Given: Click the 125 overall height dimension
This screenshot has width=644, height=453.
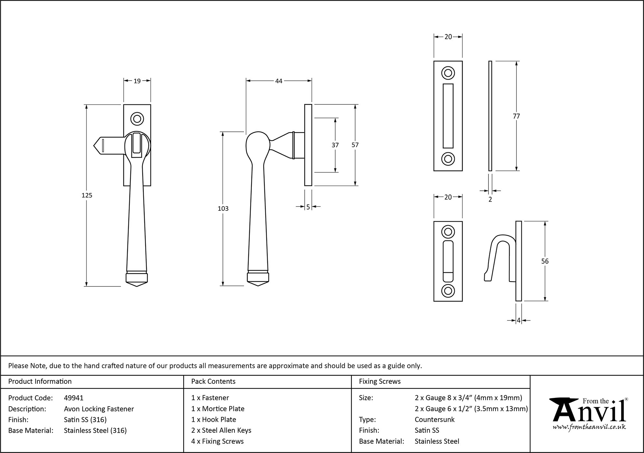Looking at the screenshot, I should [87, 195].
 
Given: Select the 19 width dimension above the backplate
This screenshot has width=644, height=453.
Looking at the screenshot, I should [137, 81].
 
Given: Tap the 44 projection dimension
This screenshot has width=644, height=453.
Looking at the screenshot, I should [279, 81].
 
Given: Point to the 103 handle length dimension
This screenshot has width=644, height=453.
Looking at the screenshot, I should [223, 209].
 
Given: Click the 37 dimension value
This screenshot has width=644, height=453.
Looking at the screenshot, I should [335, 145].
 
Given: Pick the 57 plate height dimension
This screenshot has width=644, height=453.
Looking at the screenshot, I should [355, 145].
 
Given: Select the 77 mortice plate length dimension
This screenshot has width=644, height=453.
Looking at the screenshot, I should [516, 116].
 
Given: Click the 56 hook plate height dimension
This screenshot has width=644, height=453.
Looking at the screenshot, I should [545, 261].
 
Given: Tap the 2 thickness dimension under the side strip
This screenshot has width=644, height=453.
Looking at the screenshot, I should [490, 199].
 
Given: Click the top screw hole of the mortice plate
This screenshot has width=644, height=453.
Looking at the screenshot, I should [448, 73].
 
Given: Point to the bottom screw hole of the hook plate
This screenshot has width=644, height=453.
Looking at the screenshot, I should [448, 291].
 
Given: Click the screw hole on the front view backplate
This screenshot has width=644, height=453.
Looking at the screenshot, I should [137, 119].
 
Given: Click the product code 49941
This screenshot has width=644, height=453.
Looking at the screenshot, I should [74, 398].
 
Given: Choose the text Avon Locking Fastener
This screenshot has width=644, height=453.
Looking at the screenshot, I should [99, 409].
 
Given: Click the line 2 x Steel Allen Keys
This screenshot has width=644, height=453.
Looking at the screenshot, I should [221, 430].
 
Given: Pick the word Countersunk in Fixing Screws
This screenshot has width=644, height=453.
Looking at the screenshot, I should [434, 419].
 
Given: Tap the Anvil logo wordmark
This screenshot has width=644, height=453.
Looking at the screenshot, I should [589, 412].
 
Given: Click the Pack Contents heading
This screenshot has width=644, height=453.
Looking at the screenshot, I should [213, 381].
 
